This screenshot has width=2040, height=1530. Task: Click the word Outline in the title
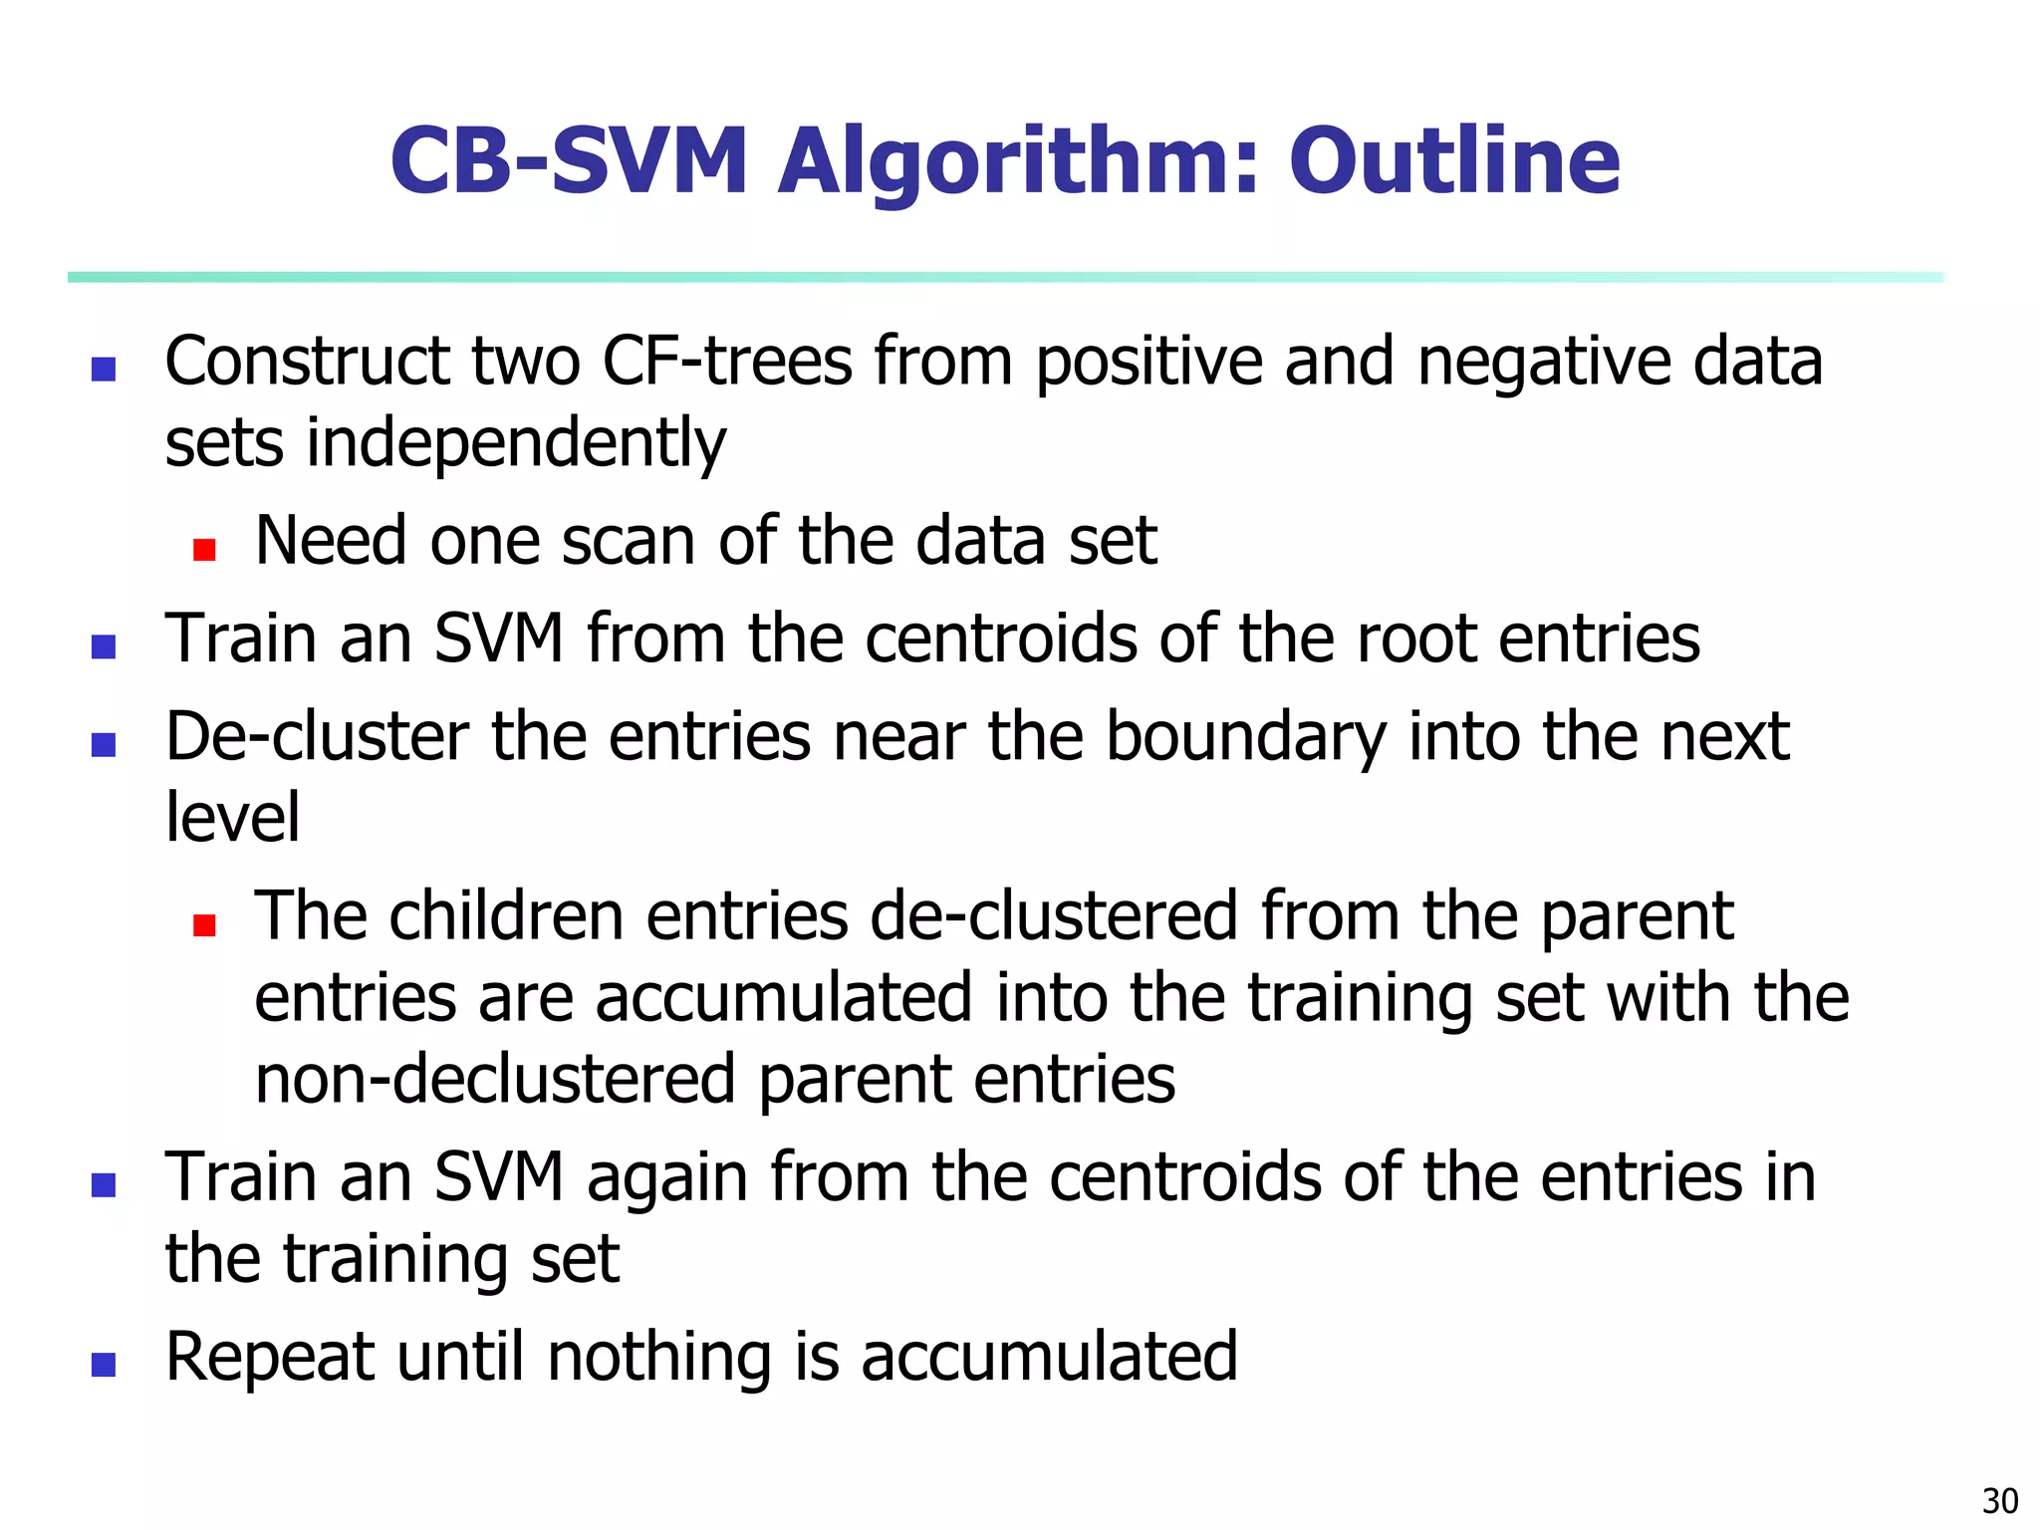point(1454,161)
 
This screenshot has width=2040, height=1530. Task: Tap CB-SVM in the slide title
point(569,161)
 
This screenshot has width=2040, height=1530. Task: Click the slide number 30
point(2000,1500)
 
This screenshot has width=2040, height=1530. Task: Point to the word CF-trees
point(727,361)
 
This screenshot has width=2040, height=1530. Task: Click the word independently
point(515,443)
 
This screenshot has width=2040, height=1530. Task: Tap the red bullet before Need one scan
point(204,550)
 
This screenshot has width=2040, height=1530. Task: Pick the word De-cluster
point(317,737)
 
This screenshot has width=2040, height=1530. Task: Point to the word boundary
point(1246,739)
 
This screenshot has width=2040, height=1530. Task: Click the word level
point(232,818)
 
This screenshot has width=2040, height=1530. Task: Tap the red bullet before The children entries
point(204,926)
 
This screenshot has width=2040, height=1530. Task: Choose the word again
point(666,1179)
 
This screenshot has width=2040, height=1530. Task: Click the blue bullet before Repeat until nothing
point(104,1364)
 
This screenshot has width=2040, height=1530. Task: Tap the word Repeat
point(270,1359)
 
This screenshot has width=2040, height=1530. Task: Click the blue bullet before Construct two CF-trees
point(104,370)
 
